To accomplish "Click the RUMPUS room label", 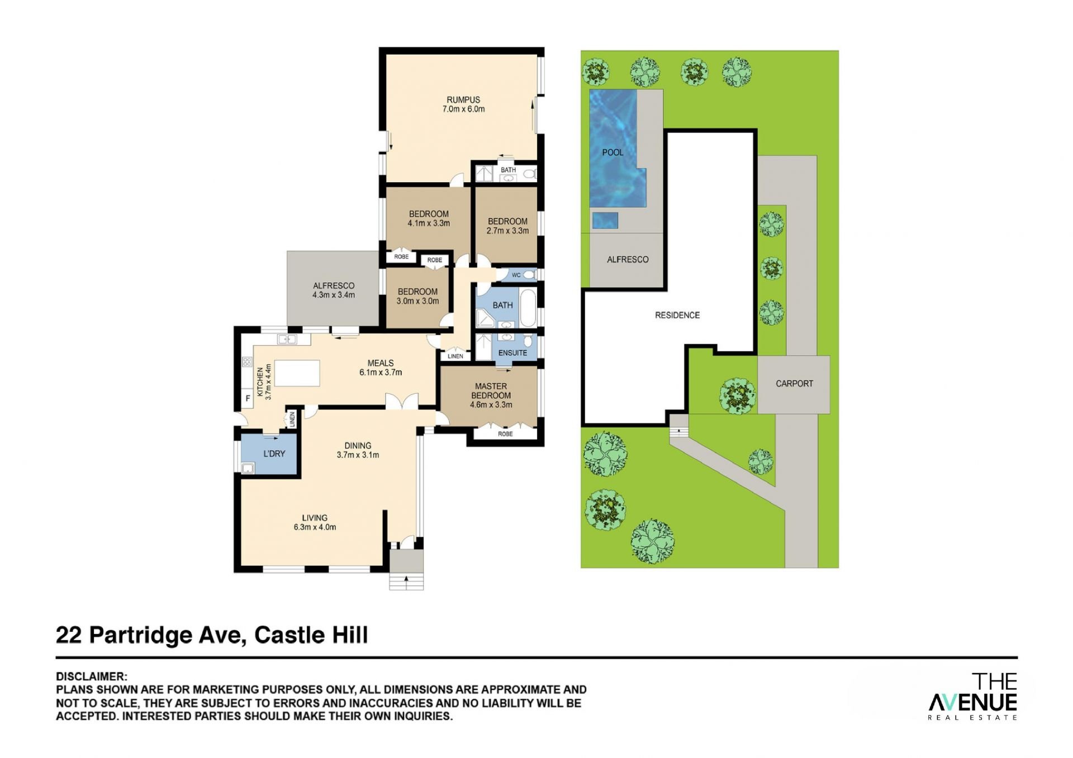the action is point(463,100).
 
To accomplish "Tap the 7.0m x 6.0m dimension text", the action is point(464,109).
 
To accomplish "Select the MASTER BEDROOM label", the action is point(491,391).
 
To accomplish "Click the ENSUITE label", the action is point(512,353).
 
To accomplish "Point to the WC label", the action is point(516,275).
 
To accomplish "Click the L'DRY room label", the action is point(274,454).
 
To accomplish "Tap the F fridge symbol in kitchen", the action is point(248,399).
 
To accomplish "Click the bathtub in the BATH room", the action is point(528,308).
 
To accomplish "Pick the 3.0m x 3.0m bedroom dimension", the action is point(418,301).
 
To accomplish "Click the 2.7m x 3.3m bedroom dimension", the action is point(507,231).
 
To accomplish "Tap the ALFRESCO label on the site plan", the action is point(628,260).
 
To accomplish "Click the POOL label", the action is point(613,152).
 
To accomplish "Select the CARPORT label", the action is point(794,384).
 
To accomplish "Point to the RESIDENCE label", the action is point(677,316).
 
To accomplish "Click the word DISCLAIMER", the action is point(91,677).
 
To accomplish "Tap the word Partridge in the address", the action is point(141,636).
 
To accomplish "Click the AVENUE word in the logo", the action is point(973,702).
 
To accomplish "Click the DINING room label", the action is point(358,446).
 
